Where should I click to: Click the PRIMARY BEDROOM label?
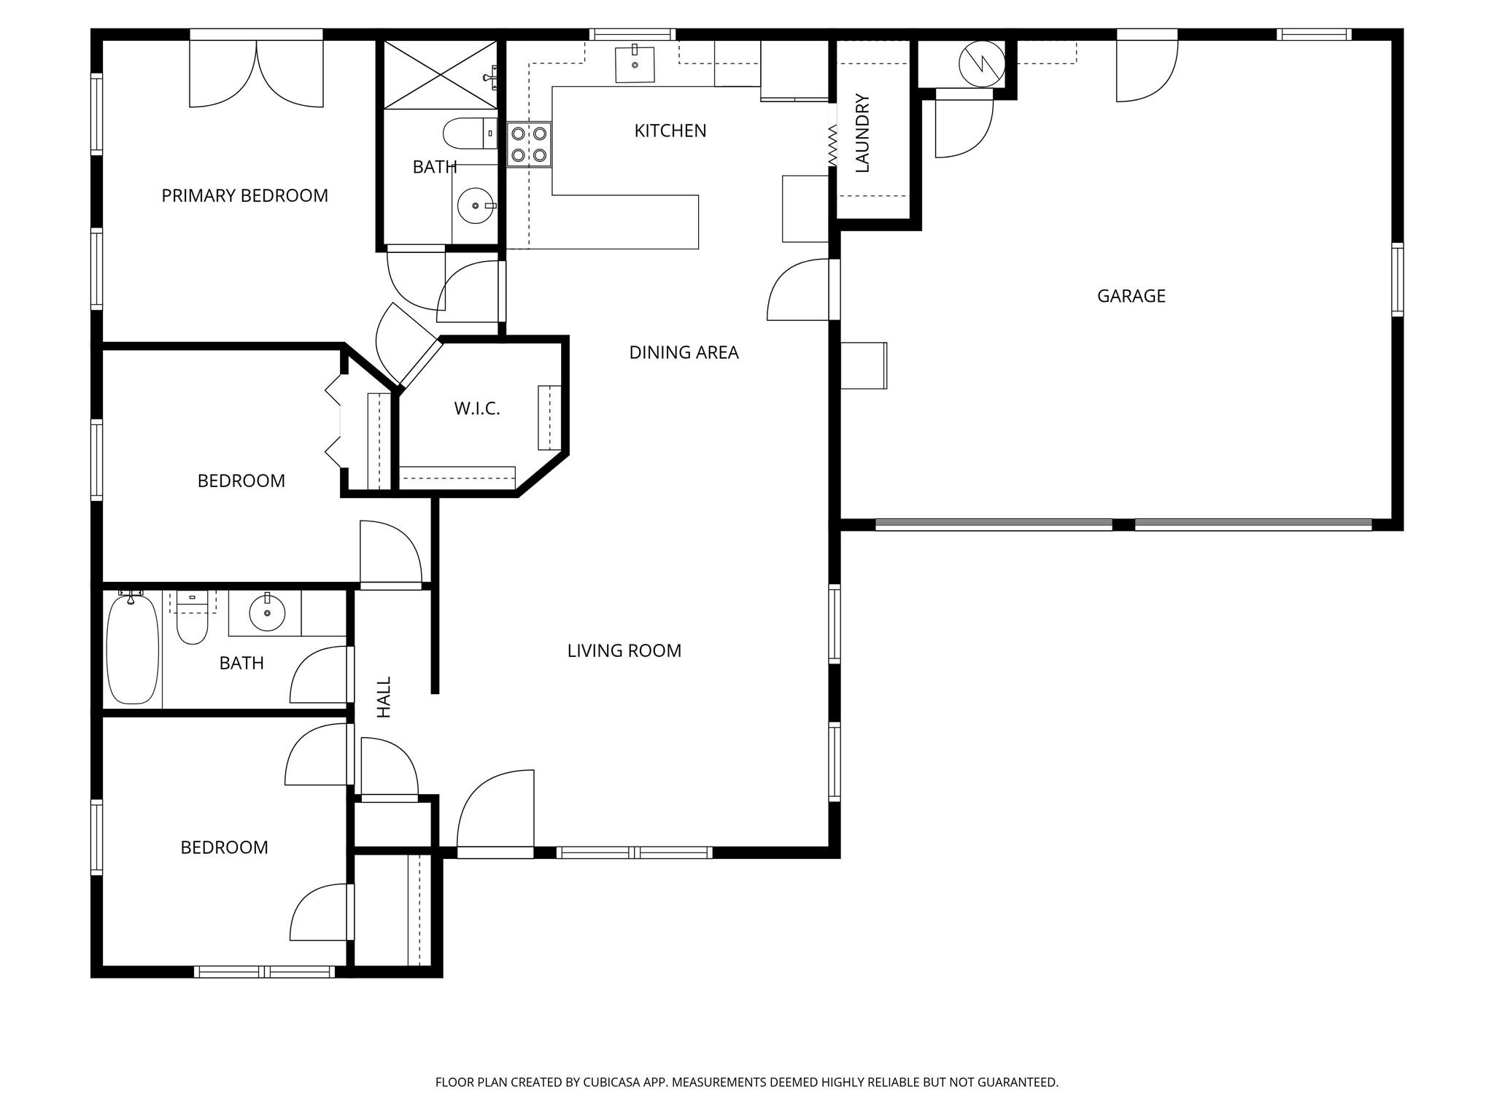(244, 195)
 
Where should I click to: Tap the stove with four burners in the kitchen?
(529, 144)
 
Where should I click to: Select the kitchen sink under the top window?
(635, 64)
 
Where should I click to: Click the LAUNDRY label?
(862, 133)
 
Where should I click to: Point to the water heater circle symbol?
(981, 63)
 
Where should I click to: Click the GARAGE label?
(1131, 296)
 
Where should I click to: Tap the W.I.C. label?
(477, 409)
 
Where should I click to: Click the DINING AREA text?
(684, 353)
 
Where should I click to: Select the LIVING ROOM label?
(624, 650)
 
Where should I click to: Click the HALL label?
(384, 696)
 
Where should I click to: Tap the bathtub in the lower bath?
(132, 649)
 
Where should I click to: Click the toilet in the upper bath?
(467, 133)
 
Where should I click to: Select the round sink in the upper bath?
(475, 206)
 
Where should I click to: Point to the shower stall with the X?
(440, 74)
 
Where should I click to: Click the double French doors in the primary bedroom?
(256, 73)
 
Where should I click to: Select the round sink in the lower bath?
(267, 614)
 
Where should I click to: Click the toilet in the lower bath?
(193, 620)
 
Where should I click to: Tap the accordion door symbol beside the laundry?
(832, 144)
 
